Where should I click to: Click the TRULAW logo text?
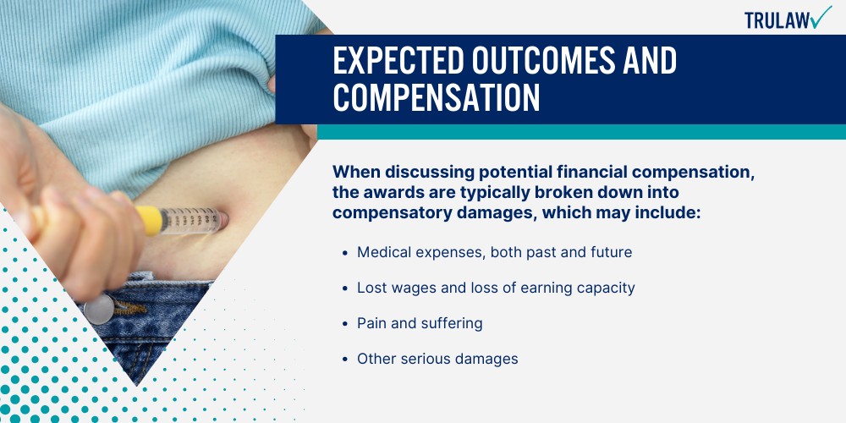777,21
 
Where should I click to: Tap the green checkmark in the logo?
821,16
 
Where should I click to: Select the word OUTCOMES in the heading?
543,60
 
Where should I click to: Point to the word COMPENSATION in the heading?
437,97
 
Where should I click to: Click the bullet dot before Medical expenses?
345,252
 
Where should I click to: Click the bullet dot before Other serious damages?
345,360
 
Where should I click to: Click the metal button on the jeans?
99,309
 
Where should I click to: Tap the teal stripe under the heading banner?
581,132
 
